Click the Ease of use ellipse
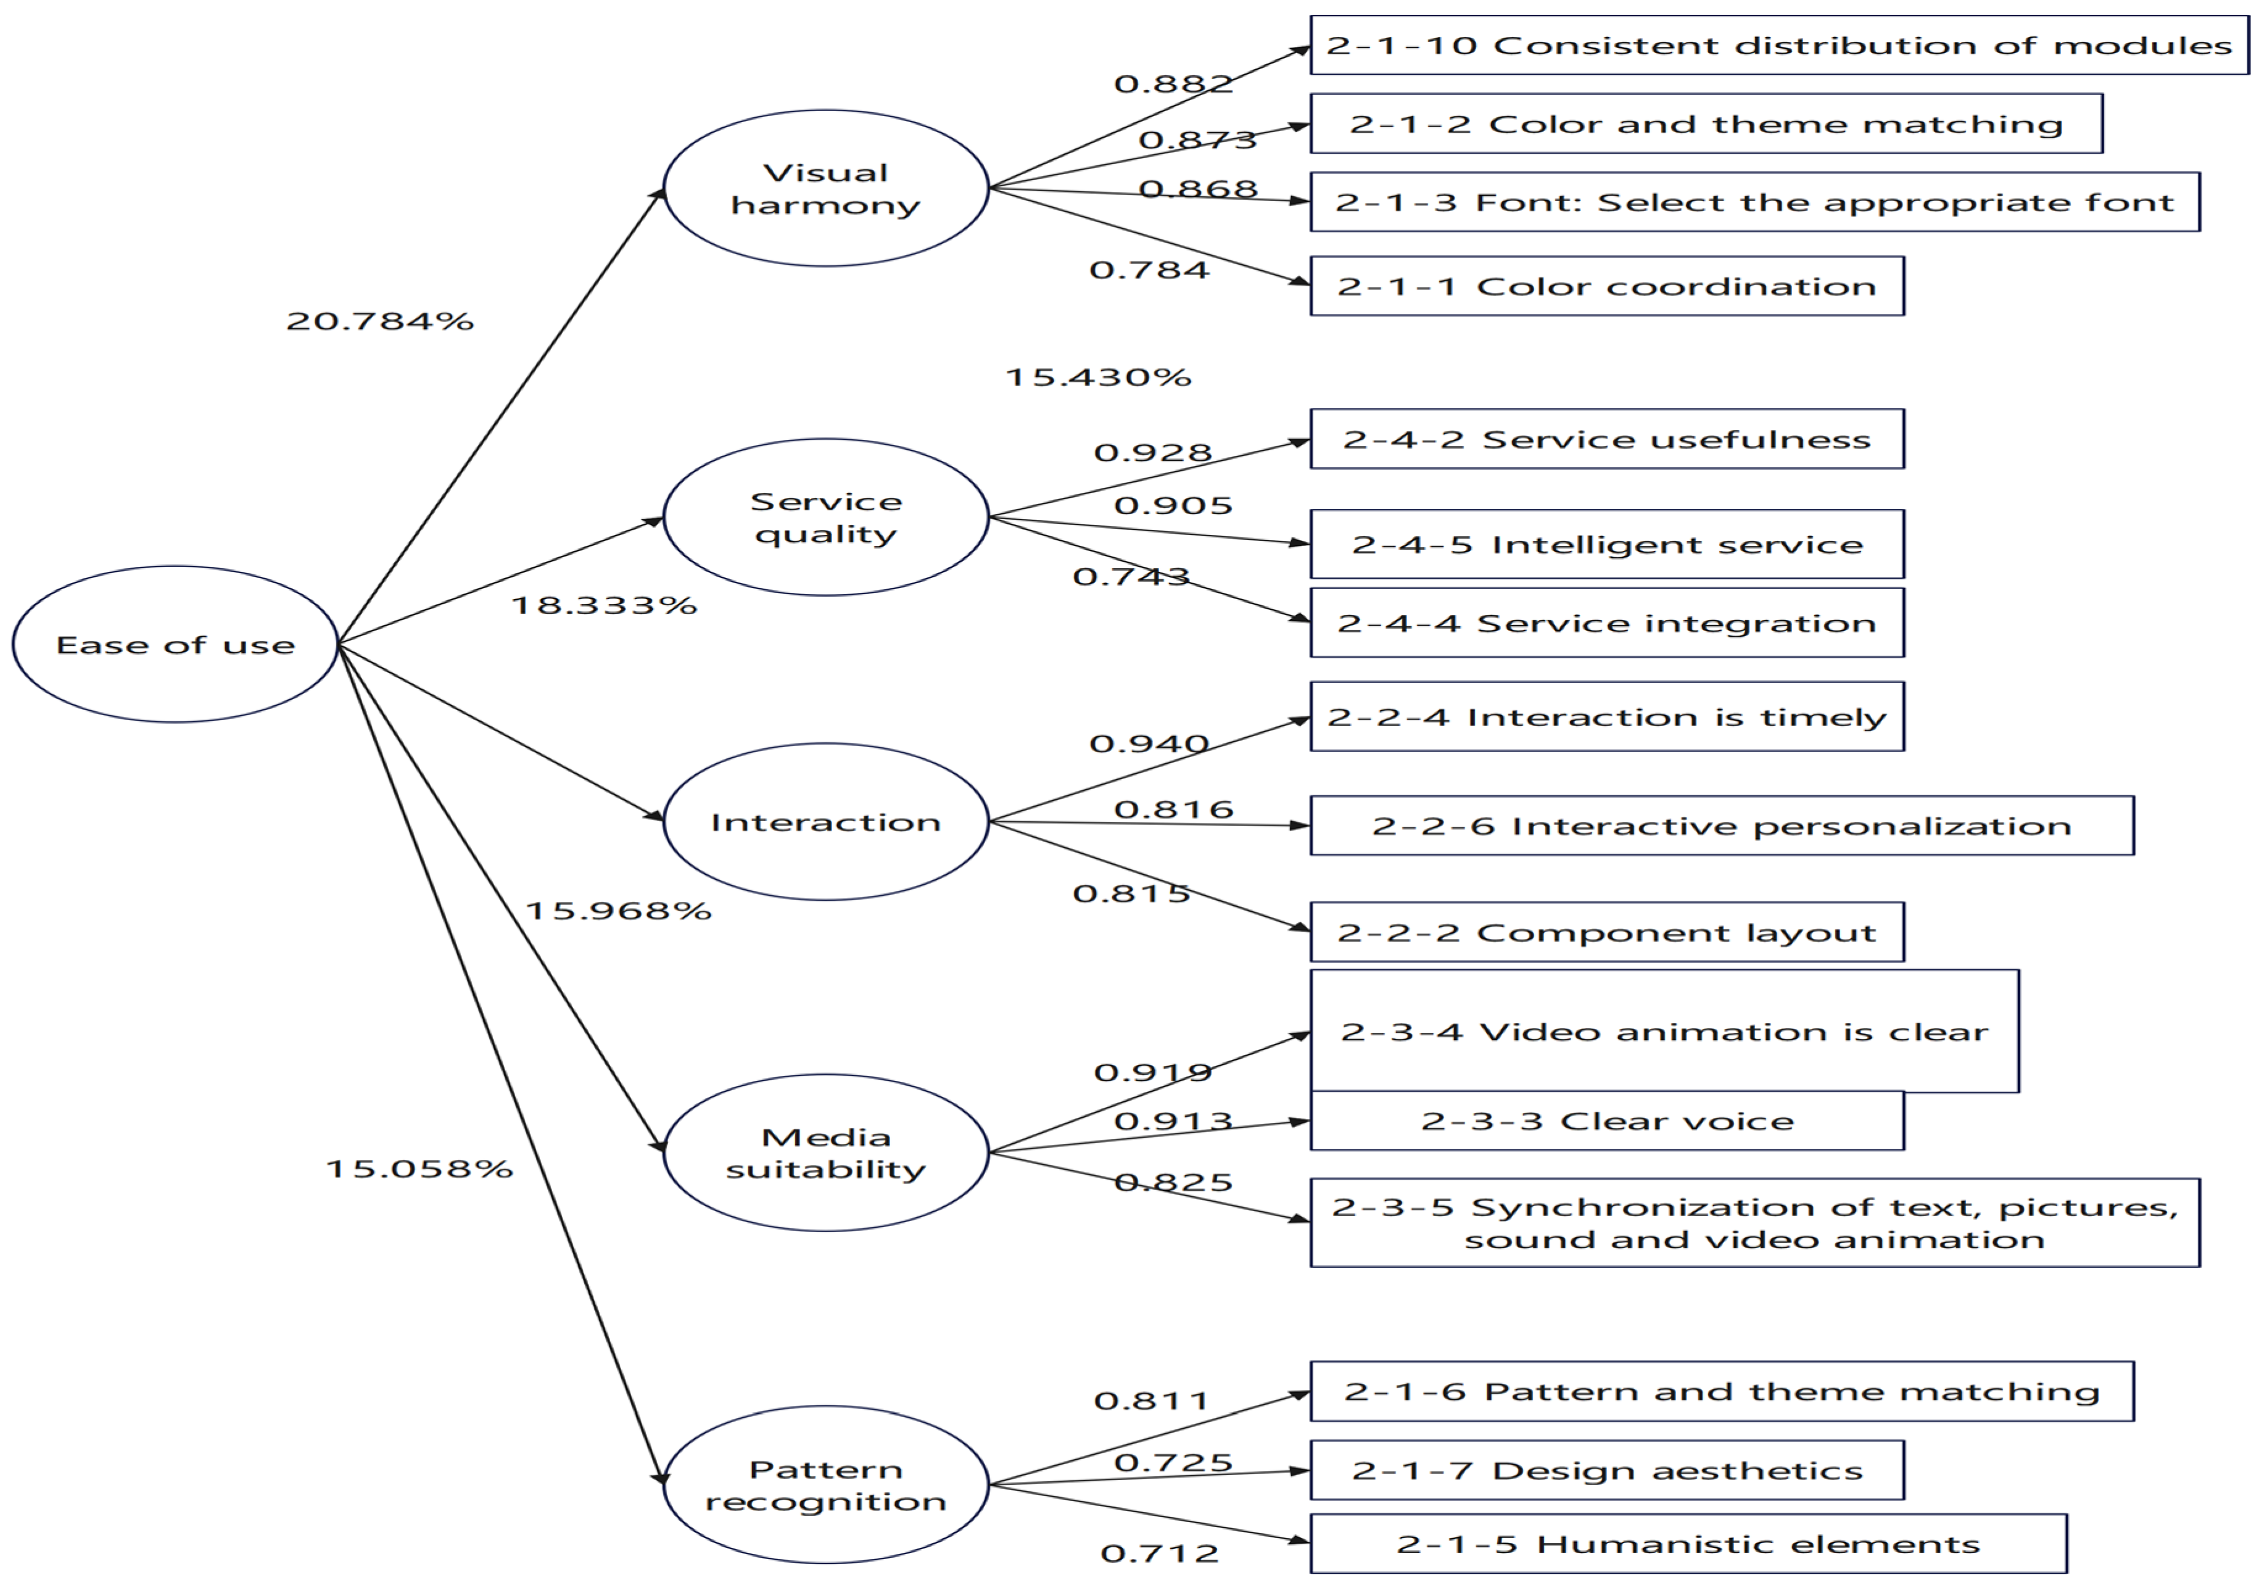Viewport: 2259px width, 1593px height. pyautogui.click(x=175, y=645)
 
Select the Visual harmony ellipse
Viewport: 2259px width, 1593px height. pyautogui.click(x=825, y=188)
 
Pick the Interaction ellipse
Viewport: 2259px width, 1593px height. pyautogui.click(x=825, y=822)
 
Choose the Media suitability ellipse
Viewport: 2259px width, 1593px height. pyautogui.click(x=825, y=1152)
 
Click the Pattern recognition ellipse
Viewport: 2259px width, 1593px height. pyautogui.click(x=825, y=1485)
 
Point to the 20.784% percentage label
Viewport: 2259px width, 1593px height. pyautogui.click(x=380, y=321)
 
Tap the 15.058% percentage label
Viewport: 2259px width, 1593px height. pyautogui.click(x=419, y=1169)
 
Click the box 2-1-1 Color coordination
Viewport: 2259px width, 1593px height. pyautogui.click(x=1607, y=286)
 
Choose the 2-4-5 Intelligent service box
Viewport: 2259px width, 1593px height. pyautogui.click(x=1607, y=544)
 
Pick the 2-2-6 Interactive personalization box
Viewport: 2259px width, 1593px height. pyautogui.click(x=1722, y=825)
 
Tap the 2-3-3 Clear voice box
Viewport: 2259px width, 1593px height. pyautogui.click(x=1607, y=1120)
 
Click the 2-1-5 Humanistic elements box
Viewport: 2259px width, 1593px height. pyautogui.click(x=1688, y=1544)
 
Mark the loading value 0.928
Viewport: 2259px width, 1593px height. pyautogui.click(x=1153, y=453)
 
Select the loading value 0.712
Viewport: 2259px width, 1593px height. pyautogui.click(x=1159, y=1554)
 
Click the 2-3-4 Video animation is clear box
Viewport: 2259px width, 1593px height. pyautogui.click(x=1664, y=1031)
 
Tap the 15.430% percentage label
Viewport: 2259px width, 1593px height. pyautogui.click(x=1098, y=377)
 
